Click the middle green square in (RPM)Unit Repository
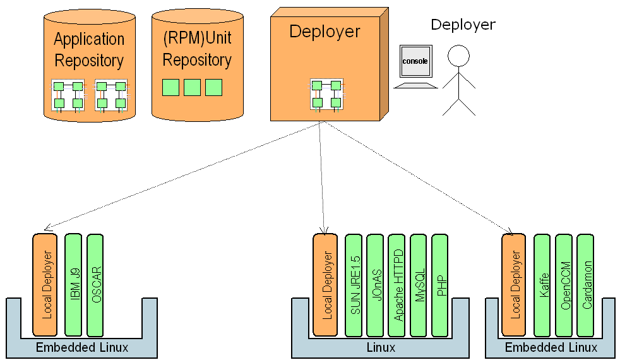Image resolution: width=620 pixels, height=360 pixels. (192, 87)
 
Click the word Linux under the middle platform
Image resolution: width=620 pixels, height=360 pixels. (381, 347)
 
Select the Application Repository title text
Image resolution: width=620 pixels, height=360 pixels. (89, 50)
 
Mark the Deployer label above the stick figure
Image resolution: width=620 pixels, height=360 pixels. (463, 25)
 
